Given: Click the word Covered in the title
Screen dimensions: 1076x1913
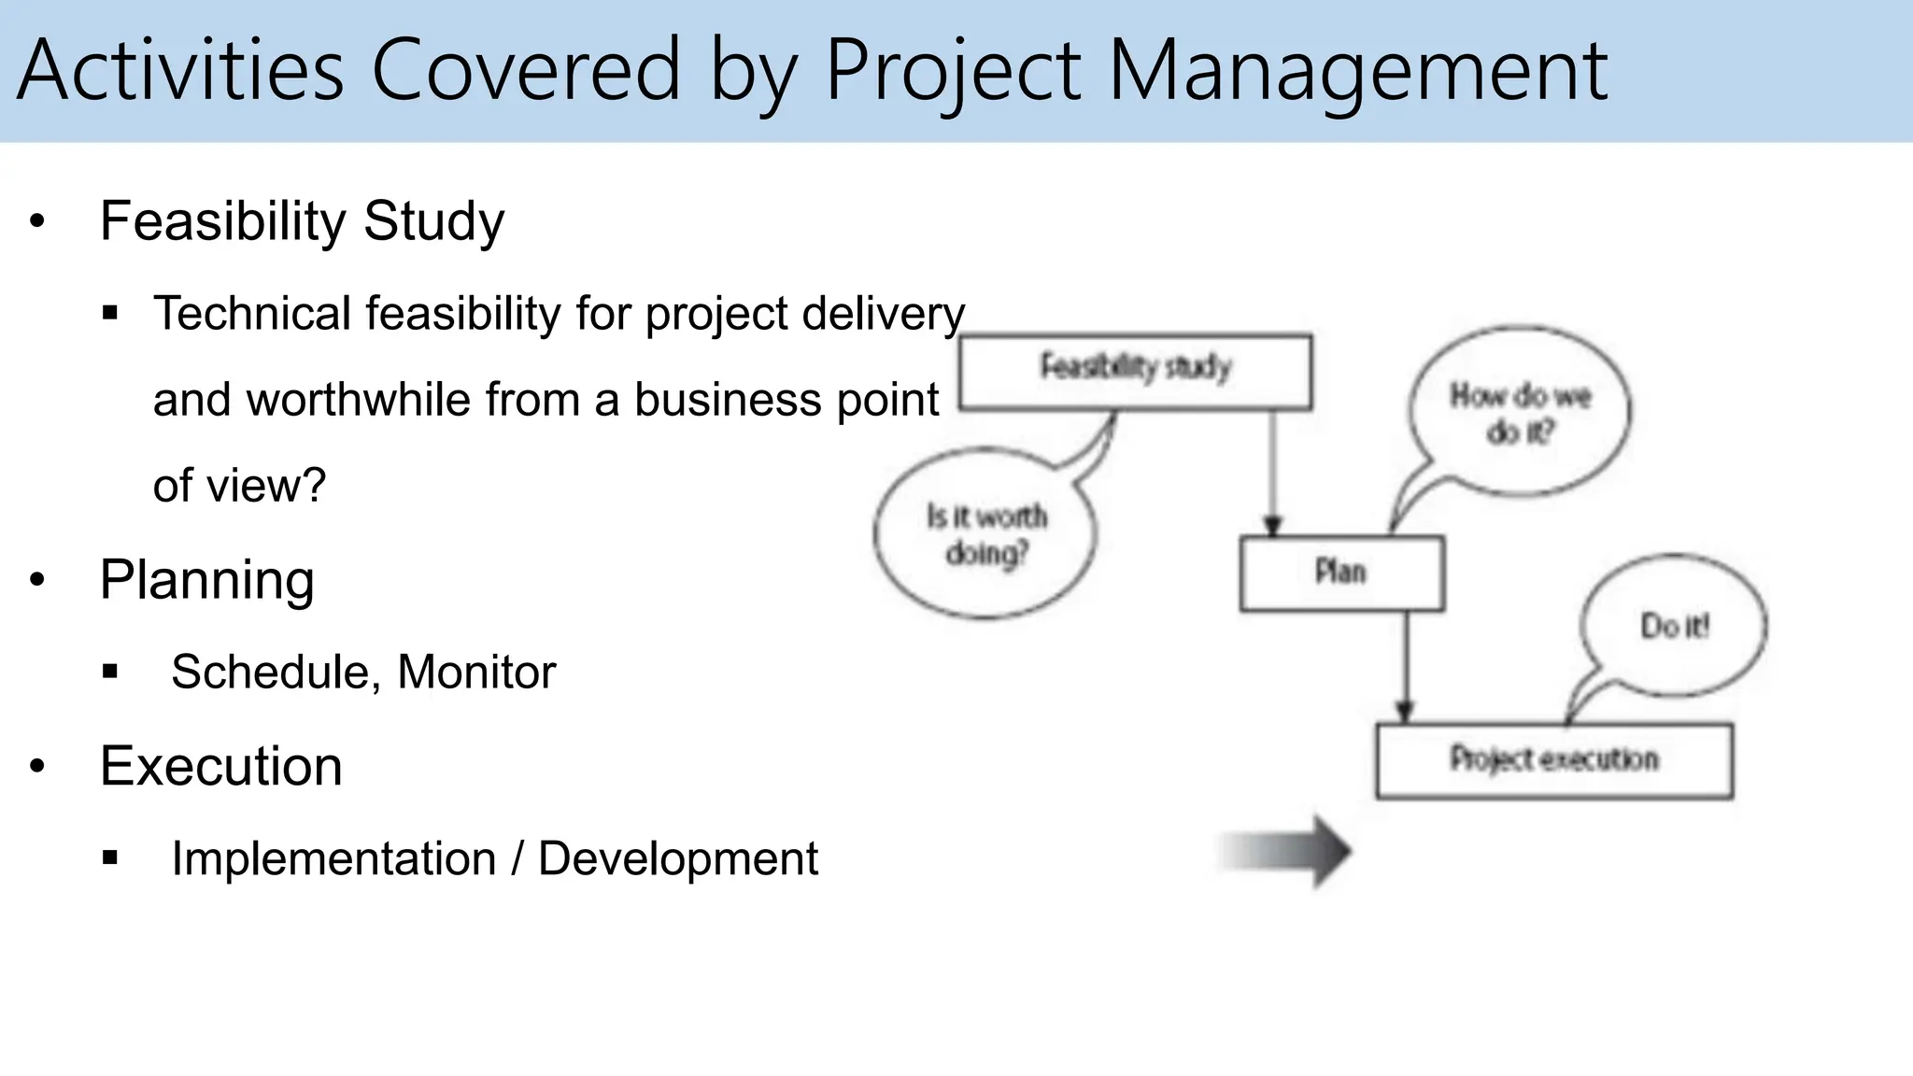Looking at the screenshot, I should [526, 70].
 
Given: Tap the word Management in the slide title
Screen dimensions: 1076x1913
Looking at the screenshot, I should [1357, 70].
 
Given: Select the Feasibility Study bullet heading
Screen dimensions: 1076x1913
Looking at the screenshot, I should [302, 221].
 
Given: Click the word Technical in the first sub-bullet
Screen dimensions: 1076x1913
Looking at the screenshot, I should [252, 313].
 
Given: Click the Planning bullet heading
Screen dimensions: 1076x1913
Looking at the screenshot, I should [206, 580].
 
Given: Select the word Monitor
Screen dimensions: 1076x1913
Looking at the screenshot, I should [476, 672].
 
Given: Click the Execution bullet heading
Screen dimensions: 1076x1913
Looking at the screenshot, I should [220, 766].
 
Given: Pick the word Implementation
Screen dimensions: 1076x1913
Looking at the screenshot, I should [333, 858].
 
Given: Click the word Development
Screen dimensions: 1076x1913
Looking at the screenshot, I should [678, 858].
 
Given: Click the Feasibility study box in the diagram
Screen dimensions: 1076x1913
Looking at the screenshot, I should [1135, 372].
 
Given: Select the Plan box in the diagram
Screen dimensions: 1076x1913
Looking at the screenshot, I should [1341, 573].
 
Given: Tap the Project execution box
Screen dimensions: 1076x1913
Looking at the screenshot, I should [1553, 760].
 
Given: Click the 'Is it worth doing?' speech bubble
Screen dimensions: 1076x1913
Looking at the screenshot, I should [985, 534].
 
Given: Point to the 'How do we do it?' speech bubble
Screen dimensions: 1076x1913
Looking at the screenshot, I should [1520, 412].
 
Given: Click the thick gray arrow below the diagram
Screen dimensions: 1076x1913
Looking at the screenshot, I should [1289, 851].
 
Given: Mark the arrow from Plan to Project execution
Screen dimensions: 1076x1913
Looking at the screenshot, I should [1405, 667].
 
